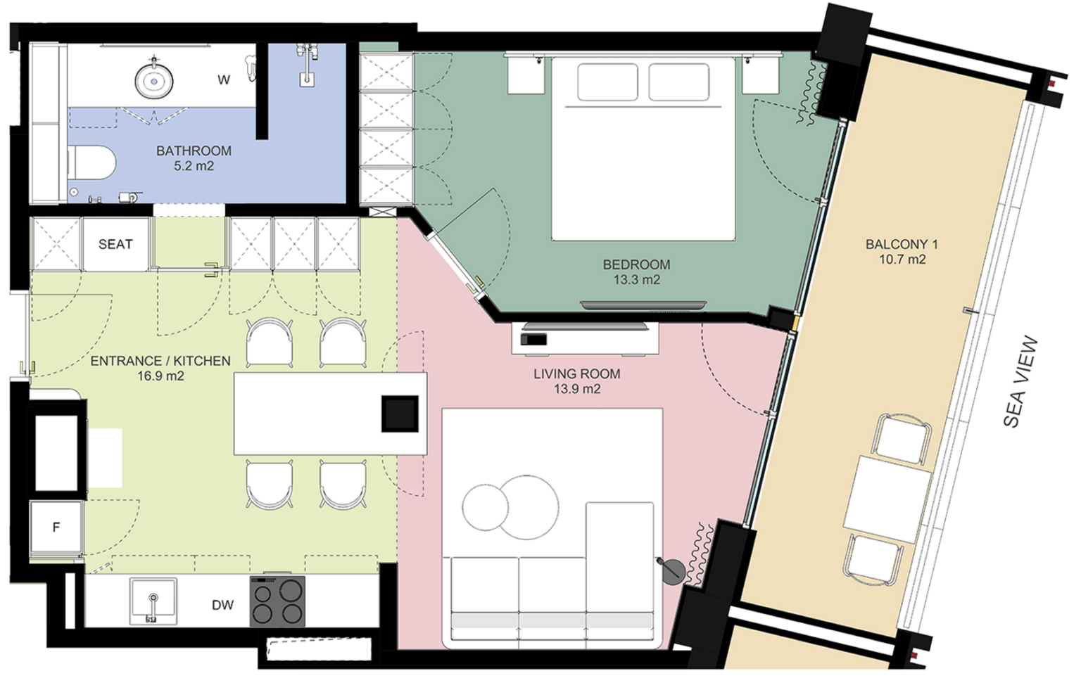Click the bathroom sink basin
pyautogui.click(x=154, y=82)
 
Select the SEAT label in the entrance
pyautogui.click(x=115, y=245)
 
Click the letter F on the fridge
pyautogui.click(x=56, y=527)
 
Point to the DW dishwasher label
pyautogui.click(x=222, y=605)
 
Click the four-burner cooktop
pyautogui.click(x=277, y=601)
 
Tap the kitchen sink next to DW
pyautogui.click(x=153, y=601)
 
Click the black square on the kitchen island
pyautogui.click(x=400, y=414)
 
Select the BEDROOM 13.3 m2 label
pyautogui.click(x=636, y=272)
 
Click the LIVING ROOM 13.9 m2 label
pyautogui.click(x=576, y=381)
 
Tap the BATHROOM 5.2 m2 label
pyautogui.click(x=194, y=158)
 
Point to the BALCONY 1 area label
pyautogui.click(x=902, y=252)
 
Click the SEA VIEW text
pyautogui.click(x=1020, y=381)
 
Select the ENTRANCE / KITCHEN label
pyautogui.click(x=160, y=368)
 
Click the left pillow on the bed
pyautogui.click(x=607, y=82)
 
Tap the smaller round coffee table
pyautogui.click(x=485, y=507)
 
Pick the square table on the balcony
pyautogui.click(x=887, y=499)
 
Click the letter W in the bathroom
pyautogui.click(x=223, y=80)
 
